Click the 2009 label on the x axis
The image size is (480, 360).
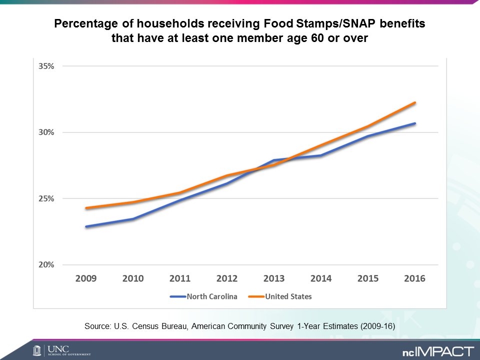coord(86,278)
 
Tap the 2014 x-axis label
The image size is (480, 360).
coord(320,278)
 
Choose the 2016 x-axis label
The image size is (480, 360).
coord(414,278)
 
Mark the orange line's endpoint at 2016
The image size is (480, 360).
coord(415,103)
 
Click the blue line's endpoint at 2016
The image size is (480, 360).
coord(415,123)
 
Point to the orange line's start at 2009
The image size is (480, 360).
coord(86,208)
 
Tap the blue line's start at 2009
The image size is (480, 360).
coord(86,226)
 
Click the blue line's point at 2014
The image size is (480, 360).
coord(320,155)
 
